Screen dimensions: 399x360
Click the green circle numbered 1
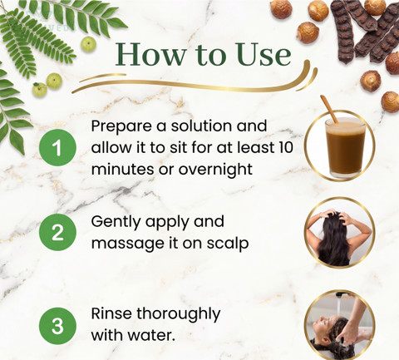(x=57, y=147)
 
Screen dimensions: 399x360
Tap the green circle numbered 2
(x=57, y=232)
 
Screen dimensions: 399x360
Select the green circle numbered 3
(x=57, y=326)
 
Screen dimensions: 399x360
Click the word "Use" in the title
(x=264, y=54)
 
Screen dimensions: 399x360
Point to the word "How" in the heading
(x=150, y=54)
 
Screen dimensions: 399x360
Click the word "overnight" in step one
(x=215, y=169)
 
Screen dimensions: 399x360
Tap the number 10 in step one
(x=285, y=147)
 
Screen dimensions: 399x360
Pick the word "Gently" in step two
(x=116, y=222)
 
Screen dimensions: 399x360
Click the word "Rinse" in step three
(x=111, y=313)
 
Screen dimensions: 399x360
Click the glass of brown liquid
(x=346, y=148)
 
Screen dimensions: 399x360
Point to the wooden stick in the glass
(x=329, y=109)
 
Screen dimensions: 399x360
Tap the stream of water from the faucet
(x=339, y=307)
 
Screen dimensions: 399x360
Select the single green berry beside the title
(x=89, y=44)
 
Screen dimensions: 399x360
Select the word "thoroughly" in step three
(x=178, y=314)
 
